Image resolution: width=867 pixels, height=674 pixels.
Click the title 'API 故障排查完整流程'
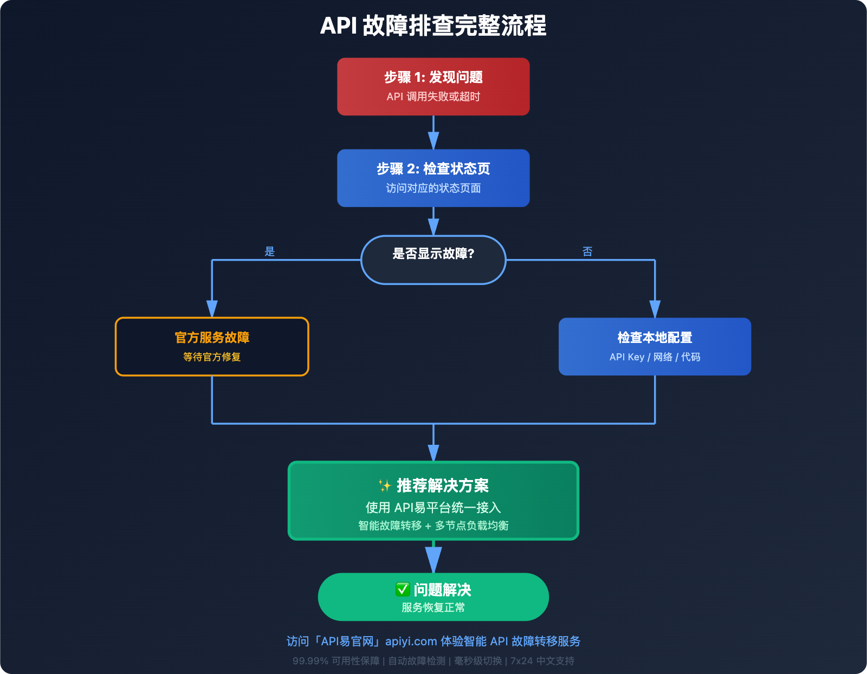(x=433, y=26)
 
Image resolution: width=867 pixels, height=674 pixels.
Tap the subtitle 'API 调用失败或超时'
(x=433, y=97)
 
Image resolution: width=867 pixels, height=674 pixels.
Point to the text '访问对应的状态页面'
(x=433, y=189)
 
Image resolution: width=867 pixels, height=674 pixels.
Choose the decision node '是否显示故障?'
(x=433, y=259)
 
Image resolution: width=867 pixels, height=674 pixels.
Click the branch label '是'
(x=270, y=251)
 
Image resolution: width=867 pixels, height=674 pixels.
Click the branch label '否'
(x=587, y=251)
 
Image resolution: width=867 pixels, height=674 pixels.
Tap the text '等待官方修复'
(x=212, y=357)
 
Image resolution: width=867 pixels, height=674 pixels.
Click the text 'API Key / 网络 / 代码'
(x=655, y=357)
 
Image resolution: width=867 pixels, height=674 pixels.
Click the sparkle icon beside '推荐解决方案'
(x=385, y=485)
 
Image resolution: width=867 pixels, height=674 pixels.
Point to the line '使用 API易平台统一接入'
(x=433, y=508)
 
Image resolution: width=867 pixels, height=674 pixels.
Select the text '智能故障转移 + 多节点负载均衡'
(x=433, y=526)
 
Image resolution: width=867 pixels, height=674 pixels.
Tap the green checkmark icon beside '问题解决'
(x=403, y=589)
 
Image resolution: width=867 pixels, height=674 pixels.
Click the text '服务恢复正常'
(x=433, y=607)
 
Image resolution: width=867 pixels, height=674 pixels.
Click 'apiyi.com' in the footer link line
(x=411, y=641)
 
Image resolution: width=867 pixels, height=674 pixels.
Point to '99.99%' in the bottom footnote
(x=310, y=661)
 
